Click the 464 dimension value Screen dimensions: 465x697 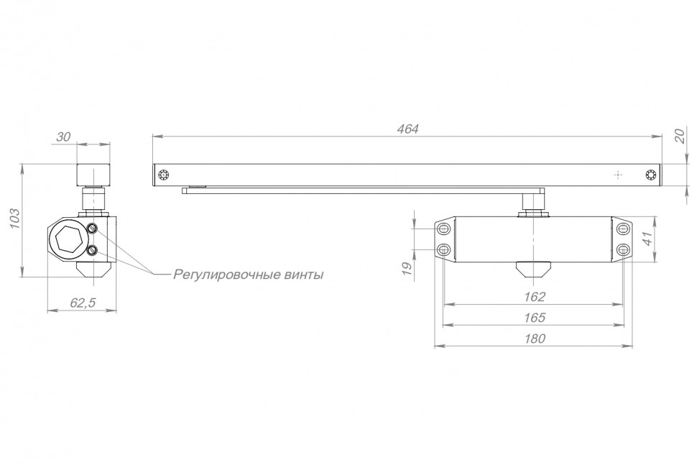click(x=407, y=129)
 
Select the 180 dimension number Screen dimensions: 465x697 click(x=534, y=339)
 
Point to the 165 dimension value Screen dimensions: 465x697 click(x=534, y=317)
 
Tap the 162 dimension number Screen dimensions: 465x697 click(x=534, y=296)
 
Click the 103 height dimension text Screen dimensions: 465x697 click(x=13, y=219)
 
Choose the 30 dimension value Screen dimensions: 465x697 click(x=65, y=137)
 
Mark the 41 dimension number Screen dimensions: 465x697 click(x=649, y=239)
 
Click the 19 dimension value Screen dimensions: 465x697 click(x=407, y=268)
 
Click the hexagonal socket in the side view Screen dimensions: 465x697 click(x=66, y=238)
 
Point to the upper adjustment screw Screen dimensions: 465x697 click(x=93, y=228)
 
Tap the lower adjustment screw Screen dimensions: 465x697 click(x=93, y=251)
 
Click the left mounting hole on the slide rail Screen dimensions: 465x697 click(x=165, y=175)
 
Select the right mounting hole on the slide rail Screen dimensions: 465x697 click(x=651, y=175)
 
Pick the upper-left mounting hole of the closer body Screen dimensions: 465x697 click(x=443, y=229)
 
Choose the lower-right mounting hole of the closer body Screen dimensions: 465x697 click(x=622, y=249)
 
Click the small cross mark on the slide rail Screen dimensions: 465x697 click(x=617, y=175)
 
